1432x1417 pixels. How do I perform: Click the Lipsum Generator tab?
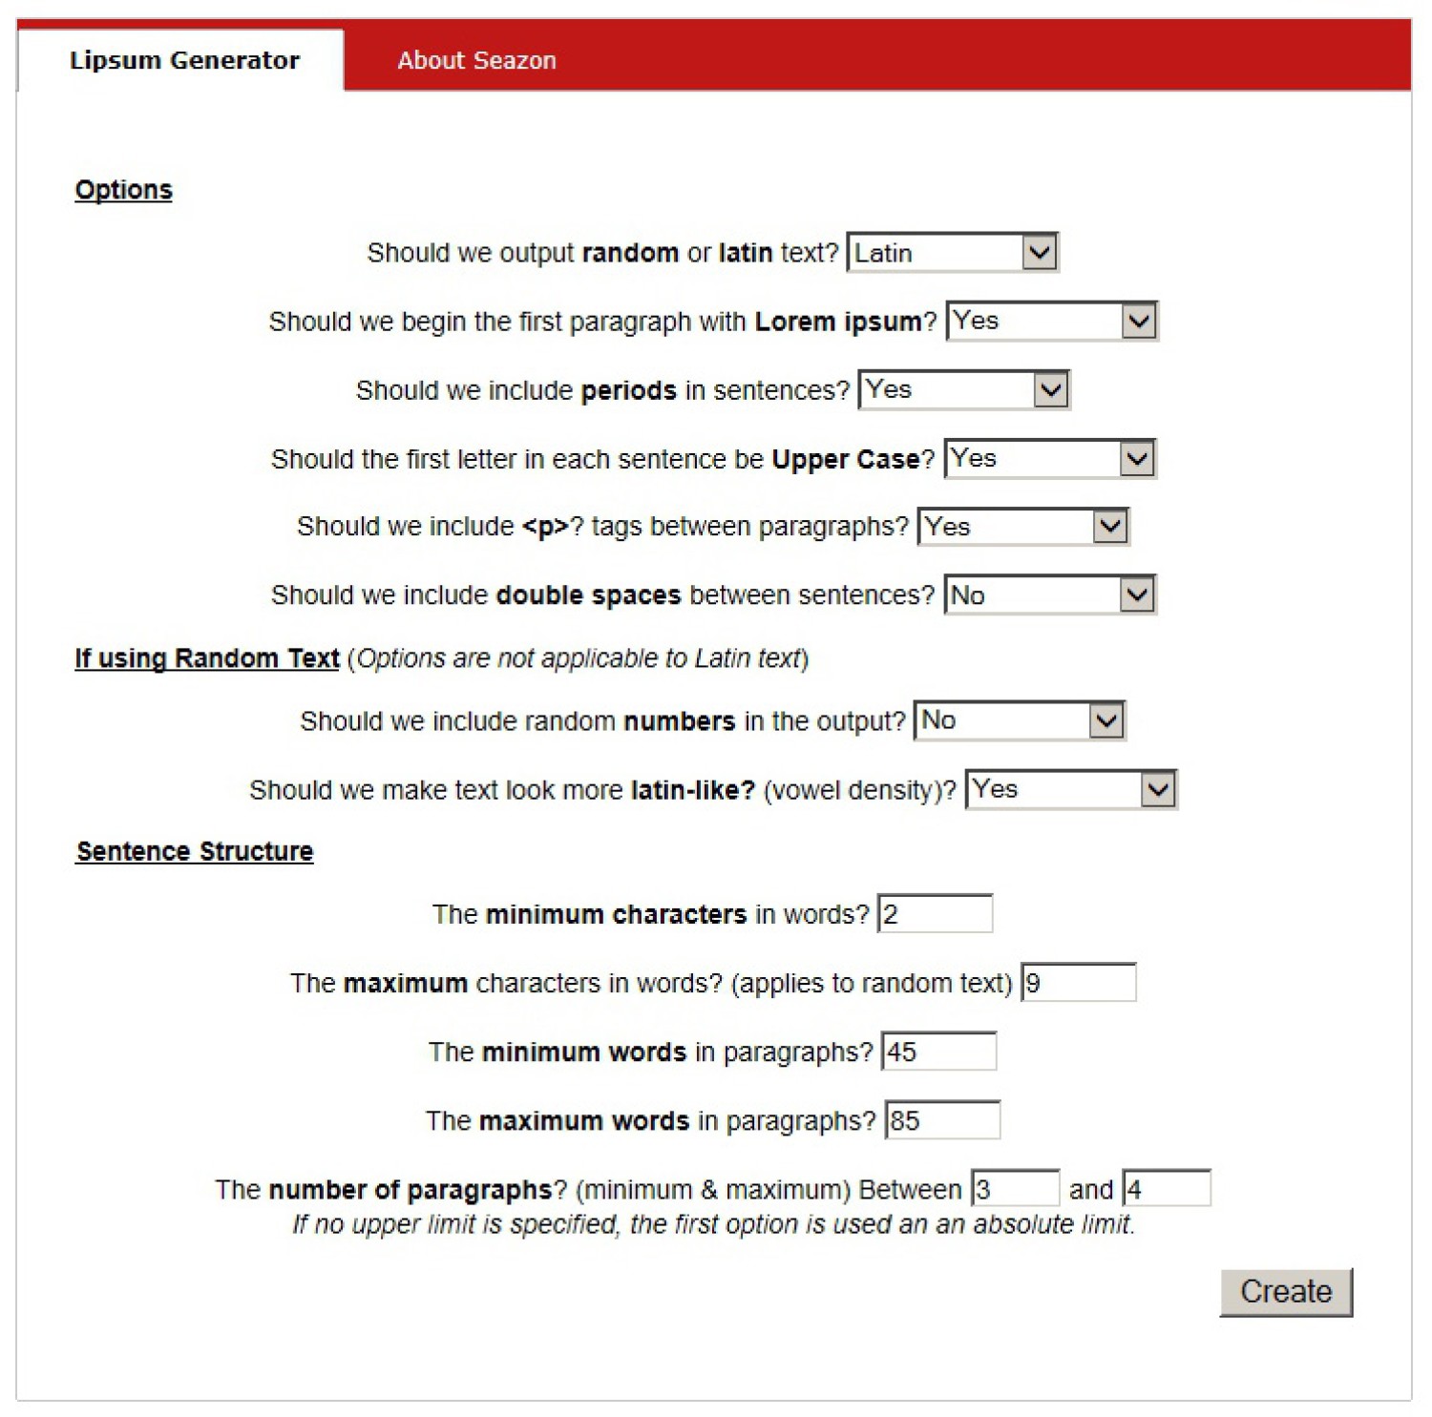pyautogui.click(x=184, y=60)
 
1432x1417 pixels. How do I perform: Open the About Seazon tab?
pyautogui.click(x=476, y=60)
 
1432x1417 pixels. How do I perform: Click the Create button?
pyautogui.click(x=1285, y=1291)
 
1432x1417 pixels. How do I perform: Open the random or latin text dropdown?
pyautogui.click(x=952, y=253)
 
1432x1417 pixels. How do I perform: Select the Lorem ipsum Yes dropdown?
pyautogui.click(x=1051, y=322)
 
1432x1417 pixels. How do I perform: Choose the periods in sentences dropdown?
pyautogui.click(x=963, y=390)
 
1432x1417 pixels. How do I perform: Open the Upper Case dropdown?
pyautogui.click(x=1049, y=459)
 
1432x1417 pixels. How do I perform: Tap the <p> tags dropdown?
pyautogui.click(x=1022, y=527)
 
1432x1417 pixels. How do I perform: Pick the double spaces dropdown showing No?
pyautogui.click(x=1049, y=595)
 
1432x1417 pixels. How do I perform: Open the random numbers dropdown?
pyautogui.click(x=1019, y=720)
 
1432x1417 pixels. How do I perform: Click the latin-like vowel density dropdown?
pyautogui.click(x=1070, y=790)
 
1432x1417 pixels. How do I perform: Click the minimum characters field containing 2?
pyautogui.click(x=935, y=914)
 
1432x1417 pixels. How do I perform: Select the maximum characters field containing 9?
pyautogui.click(x=1078, y=983)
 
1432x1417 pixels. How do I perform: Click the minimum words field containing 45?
pyautogui.click(x=938, y=1052)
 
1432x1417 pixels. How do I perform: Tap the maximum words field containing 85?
pyautogui.click(x=942, y=1120)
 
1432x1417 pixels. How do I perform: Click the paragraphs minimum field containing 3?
pyautogui.click(x=1015, y=1189)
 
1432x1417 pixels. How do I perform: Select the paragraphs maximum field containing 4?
pyautogui.click(x=1166, y=1189)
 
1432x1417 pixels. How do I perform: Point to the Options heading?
pyautogui.click(x=124, y=190)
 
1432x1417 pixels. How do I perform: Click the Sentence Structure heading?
pyautogui.click(x=195, y=851)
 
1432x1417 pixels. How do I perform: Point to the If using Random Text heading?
pyautogui.click(x=207, y=658)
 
